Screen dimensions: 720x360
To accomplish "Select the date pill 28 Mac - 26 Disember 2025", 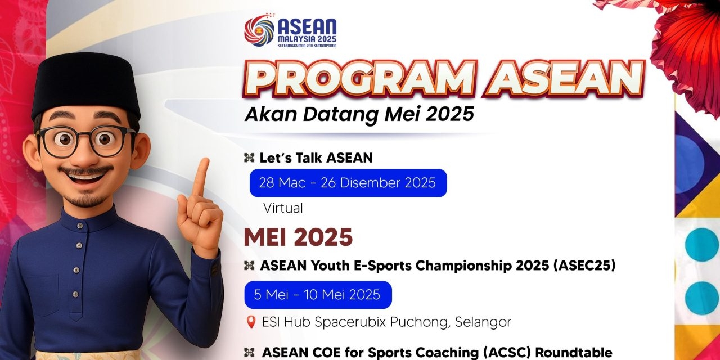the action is tap(348, 183).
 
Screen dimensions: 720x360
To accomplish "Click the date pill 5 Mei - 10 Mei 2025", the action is tap(318, 295).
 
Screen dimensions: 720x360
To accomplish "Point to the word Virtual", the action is tap(283, 208).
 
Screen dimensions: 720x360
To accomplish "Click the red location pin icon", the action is tap(251, 322).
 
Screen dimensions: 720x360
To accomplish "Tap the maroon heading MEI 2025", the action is tap(298, 237).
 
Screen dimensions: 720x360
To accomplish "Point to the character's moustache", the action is tap(85, 170).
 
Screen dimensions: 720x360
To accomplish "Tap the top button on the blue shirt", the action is tap(80, 226).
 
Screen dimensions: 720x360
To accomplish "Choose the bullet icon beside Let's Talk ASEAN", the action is tap(249, 158).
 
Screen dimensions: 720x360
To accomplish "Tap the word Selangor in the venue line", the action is tap(483, 322).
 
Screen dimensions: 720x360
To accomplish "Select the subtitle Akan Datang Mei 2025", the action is tap(359, 114).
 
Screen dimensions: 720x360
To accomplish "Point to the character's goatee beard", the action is tap(86, 199).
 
